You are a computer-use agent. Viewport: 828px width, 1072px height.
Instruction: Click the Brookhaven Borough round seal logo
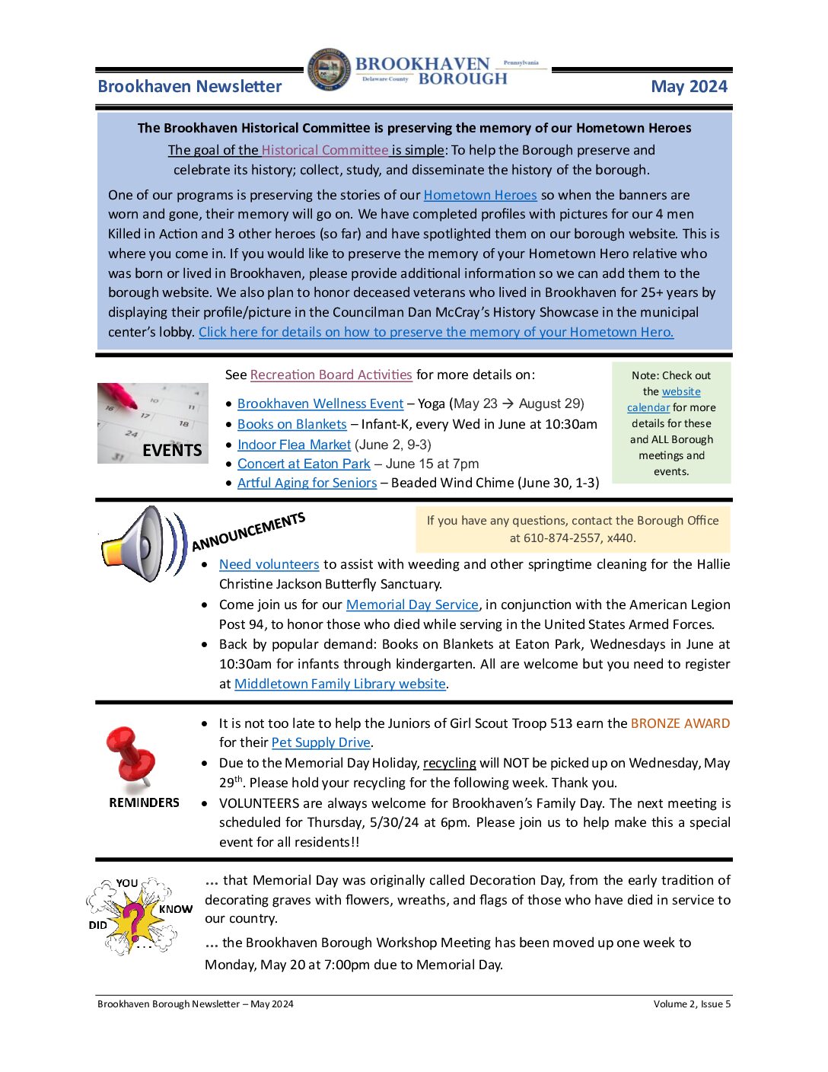coord(329,70)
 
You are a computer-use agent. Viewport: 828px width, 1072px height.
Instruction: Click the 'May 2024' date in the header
coord(689,87)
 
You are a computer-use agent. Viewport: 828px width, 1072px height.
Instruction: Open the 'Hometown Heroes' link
coord(479,195)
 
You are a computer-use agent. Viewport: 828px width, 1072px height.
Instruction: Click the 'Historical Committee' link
coord(325,150)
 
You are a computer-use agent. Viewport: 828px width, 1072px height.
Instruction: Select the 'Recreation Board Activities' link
coord(331,375)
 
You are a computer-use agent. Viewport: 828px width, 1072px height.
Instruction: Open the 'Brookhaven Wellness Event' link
coord(320,404)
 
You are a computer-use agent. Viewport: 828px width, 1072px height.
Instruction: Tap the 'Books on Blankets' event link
coord(291,424)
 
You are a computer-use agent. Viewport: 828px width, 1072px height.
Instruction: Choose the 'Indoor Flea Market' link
coord(294,445)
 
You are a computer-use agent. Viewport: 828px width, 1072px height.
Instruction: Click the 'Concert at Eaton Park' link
coord(304,464)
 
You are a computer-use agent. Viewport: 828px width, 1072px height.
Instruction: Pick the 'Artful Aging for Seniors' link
coord(307,483)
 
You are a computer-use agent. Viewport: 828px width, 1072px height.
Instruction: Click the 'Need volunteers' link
coord(269,564)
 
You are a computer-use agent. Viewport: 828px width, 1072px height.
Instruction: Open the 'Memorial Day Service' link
coord(412,605)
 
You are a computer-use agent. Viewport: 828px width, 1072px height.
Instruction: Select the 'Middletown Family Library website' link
coord(339,684)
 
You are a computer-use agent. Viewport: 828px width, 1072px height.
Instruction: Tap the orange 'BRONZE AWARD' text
coord(680,723)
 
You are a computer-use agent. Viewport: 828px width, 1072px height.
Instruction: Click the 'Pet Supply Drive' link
coord(320,742)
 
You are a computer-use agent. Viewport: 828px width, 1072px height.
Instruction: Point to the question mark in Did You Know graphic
coord(134,918)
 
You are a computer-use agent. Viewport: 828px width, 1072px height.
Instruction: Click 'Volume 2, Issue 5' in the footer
coord(691,1004)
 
